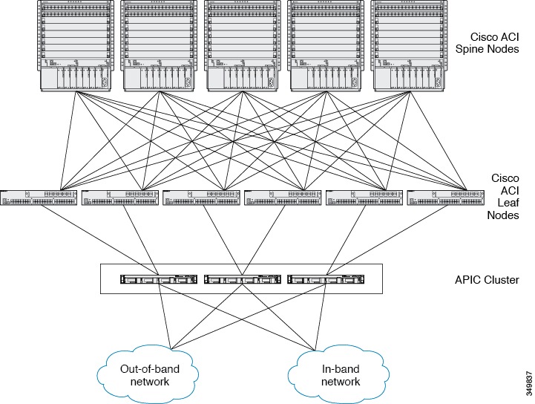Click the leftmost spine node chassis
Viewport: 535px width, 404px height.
click(75, 46)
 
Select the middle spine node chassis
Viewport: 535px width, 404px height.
click(242, 46)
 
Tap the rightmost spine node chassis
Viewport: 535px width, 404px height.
click(409, 46)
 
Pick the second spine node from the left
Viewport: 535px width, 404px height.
click(159, 46)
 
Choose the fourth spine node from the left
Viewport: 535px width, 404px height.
click(326, 46)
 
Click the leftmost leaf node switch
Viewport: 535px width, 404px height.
click(39, 198)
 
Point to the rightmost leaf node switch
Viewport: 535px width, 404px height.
click(446, 198)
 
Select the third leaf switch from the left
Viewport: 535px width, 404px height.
click(201, 198)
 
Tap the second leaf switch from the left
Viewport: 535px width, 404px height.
click(120, 198)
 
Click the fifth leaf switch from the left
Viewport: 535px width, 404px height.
click(364, 198)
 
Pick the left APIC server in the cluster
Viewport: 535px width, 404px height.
click(159, 279)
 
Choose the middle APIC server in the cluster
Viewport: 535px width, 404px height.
click(242, 279)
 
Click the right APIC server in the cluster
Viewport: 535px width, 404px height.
click(326, 279)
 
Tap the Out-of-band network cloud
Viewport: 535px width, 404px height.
click(148, 374)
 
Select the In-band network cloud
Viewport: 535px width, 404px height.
click(339, 374)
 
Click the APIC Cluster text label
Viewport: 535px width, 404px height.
click(487, 280)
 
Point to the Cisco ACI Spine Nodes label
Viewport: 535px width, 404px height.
click(488, 42)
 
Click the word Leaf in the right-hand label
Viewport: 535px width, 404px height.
click(508, 203)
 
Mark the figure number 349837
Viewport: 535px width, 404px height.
click(529, 383)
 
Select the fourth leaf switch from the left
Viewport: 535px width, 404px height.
click(283, 198)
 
